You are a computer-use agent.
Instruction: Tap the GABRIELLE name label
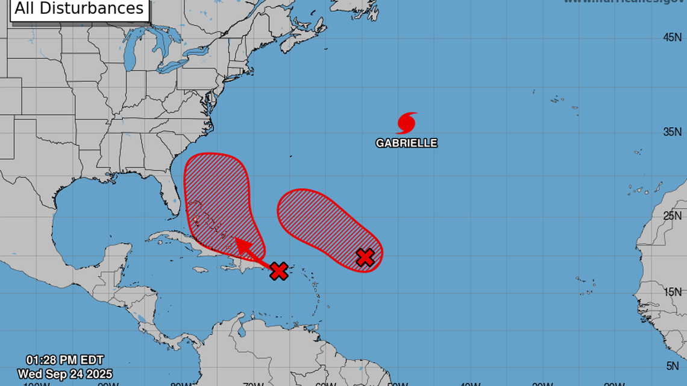(406, 143)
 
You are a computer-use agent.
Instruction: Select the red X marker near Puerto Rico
(278, 271)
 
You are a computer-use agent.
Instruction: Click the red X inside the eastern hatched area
(365, 257)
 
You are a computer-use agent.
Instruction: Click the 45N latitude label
(672, 37)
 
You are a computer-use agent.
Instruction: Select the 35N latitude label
(672, 132)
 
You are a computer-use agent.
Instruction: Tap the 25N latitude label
(672, 216)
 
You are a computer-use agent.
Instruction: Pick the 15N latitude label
(672, 292)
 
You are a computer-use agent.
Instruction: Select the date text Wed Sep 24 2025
(65, 374)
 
